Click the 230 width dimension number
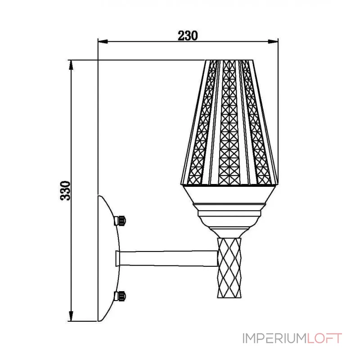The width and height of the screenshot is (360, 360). (188, 36)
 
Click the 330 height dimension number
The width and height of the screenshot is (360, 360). (65, 190)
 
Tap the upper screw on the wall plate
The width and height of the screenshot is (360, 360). (120, 220)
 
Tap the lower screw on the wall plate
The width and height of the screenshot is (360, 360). (120, 296)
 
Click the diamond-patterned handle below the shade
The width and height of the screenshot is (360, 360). (229, 268)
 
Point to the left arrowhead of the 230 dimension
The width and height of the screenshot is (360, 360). (103, 41)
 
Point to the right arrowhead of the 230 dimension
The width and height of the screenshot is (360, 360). (273, 41)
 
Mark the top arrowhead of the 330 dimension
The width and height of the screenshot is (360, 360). (71, 65)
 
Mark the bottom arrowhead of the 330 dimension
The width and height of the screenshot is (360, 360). (71, 316)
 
